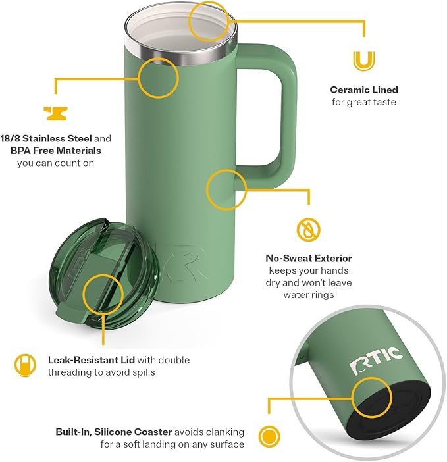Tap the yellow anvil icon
(55, 113)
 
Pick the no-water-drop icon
(308, 230)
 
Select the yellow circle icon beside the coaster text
(267, 436)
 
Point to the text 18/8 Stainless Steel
(51, 139)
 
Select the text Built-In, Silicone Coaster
(113, 432)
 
